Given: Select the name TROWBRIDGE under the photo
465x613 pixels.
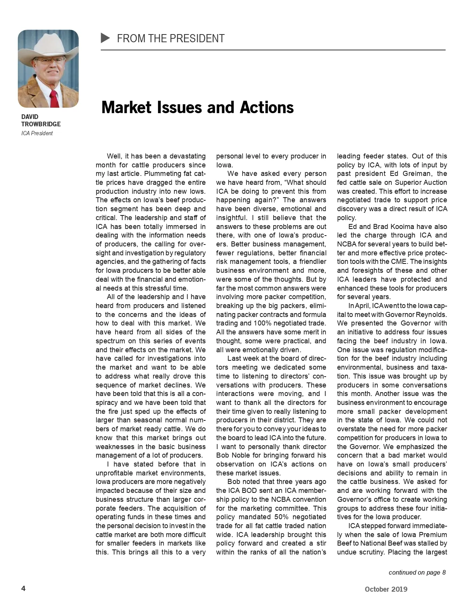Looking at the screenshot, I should click(x=41, y=124).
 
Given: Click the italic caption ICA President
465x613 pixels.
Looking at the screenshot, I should click(x=37, y=133).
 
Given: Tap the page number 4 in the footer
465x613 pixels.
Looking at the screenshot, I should click(x=23, y=589).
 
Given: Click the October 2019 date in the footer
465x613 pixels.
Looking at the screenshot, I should click(x=386, y=589).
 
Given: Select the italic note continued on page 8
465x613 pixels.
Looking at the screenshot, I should click(x=417, y=572).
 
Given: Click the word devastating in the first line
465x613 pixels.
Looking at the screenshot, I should click(x=187, y=156).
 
